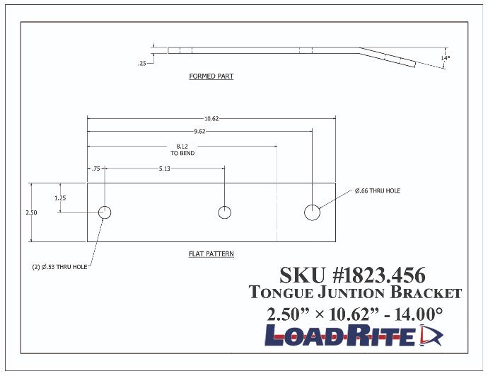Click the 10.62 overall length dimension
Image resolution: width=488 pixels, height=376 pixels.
click(211, 118)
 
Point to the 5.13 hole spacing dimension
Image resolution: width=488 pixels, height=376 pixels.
click(164, 169)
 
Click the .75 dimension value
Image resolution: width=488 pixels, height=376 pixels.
click(95, 169)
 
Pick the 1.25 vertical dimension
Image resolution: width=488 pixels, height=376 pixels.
click(61, 198)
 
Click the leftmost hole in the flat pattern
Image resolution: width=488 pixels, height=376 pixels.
click(105, 212)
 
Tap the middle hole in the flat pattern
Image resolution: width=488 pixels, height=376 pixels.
click(225, 212)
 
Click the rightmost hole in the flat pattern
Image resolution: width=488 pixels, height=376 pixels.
click(313, 212)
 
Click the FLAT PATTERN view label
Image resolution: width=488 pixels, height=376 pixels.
click(211, 253)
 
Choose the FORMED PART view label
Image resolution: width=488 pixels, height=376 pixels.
click(211, 76)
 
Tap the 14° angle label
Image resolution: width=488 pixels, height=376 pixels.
click(444, 58)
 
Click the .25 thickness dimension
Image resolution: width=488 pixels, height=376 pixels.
click(142, 64)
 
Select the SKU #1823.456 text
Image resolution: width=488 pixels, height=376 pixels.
click(352, 275)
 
